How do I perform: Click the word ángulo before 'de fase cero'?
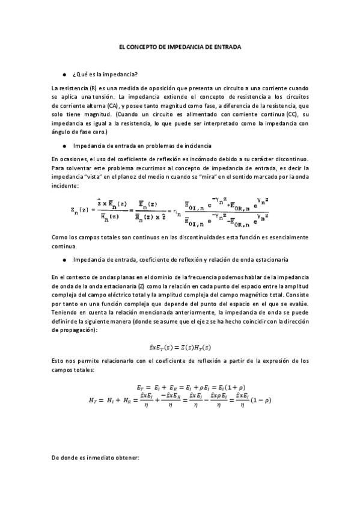62,131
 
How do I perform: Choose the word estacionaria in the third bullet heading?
255,260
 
